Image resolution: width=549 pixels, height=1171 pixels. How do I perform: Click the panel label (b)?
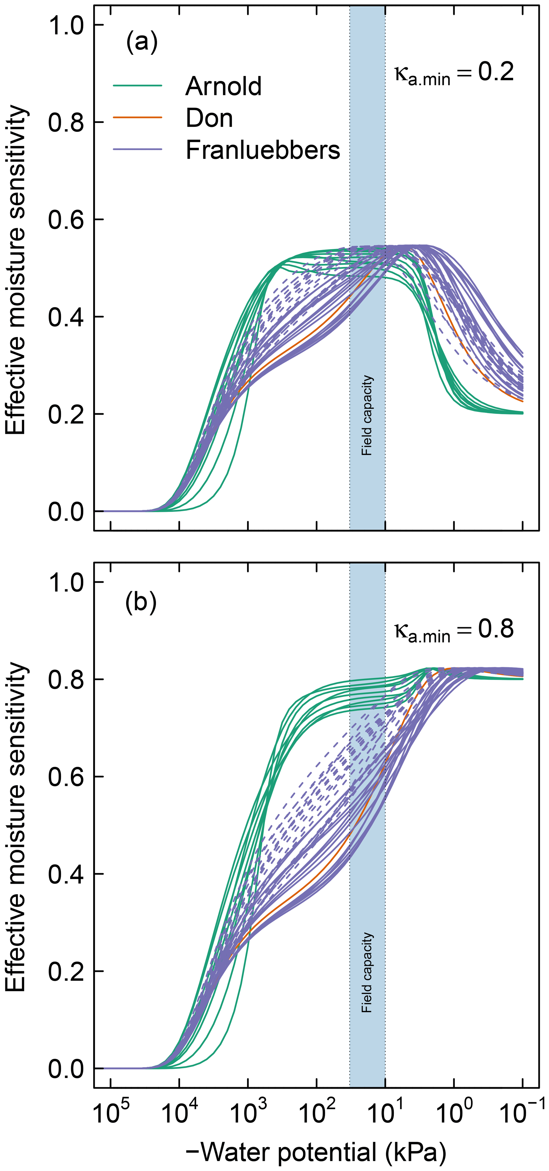141,603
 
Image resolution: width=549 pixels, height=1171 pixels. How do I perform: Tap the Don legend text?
209,118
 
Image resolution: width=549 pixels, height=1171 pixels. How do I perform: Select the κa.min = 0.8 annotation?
454,630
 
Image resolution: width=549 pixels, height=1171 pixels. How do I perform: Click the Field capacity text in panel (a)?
367,415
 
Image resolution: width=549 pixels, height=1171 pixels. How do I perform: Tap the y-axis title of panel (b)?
16,827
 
